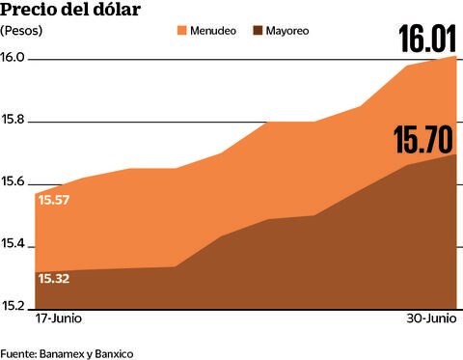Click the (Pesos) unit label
[20, 31]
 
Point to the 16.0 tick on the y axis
[14, 59]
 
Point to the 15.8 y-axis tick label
[14, 122]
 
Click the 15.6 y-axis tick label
[14, 184]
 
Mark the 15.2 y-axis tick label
[14, 308]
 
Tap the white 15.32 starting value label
[54, 279]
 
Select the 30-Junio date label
[430, 318]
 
